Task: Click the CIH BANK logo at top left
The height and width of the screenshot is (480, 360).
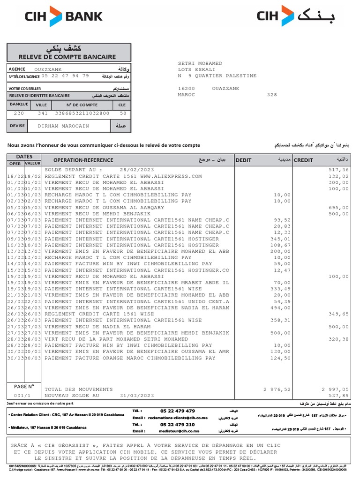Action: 63,17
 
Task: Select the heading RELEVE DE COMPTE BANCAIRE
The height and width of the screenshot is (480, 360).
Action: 69,57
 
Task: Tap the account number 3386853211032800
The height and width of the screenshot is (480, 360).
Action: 82,113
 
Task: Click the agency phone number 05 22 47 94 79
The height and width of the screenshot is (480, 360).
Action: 65,76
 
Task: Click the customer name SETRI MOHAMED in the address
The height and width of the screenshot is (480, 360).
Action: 200,63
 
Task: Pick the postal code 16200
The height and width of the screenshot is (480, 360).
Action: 187,88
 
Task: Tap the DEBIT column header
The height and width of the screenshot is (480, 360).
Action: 244,160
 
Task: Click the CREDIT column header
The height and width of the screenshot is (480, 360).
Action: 303,160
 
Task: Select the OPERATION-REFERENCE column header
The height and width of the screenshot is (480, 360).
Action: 83,160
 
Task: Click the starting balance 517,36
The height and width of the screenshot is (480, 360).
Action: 338,170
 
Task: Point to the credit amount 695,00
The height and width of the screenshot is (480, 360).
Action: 338,207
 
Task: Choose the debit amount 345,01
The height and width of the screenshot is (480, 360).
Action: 281,239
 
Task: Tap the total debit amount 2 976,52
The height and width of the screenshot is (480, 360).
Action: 277,389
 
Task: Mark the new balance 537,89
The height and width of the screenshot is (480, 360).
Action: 338,396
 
